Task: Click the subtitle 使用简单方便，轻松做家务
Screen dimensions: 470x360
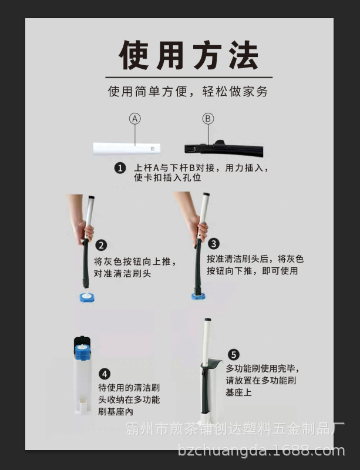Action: click(188, 92)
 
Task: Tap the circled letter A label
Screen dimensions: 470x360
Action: click(135, 119)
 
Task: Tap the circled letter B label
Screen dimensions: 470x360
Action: click(208, 119)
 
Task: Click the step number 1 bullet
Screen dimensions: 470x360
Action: click(120, 168)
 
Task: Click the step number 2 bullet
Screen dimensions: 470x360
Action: click(101, 245)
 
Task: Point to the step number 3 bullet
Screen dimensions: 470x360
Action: click(214, 243)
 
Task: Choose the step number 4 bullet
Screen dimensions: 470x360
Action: click(104, 374)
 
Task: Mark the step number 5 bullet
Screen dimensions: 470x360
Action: click(234, 354)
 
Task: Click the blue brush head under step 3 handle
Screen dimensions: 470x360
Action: click(198, 294)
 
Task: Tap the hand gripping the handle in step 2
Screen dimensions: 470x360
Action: click(82, 229)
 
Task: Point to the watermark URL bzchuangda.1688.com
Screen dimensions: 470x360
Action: click(261, 451)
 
